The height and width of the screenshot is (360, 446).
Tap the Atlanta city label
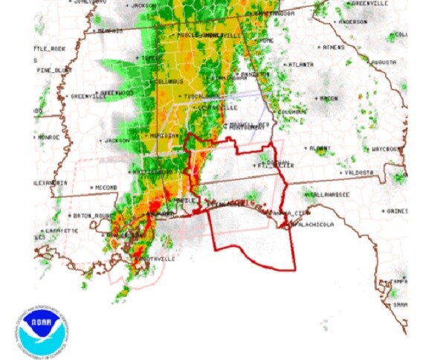pos(300,65)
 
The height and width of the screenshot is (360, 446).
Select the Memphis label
pos(107,31)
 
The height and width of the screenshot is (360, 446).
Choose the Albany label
pos(320,149)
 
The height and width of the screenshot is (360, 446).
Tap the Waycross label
pos(386,149)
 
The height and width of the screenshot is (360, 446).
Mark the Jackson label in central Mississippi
pos(113,140)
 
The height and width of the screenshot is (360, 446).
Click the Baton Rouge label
pos(91,216)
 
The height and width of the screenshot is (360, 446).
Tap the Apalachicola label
pos(316,223)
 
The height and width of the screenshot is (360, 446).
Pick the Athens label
pos(333,47)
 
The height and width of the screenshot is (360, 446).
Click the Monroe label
pos(48,138)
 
